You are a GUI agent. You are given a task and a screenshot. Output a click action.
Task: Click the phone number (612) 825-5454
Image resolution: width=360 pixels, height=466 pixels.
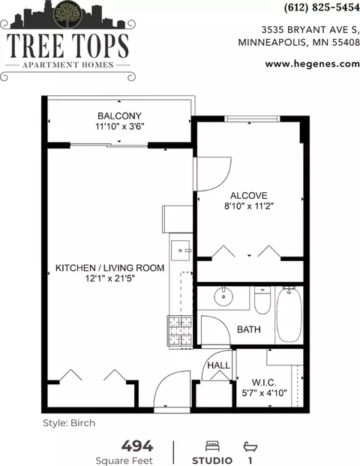tap(322, 8)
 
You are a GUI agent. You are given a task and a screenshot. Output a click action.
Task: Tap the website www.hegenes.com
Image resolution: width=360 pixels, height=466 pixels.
tap(313, 64)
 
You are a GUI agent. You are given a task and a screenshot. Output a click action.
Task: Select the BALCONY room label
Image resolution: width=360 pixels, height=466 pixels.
tap(119, 116)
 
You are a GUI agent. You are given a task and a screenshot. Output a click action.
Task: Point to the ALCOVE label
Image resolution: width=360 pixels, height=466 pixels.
tap(249, 196)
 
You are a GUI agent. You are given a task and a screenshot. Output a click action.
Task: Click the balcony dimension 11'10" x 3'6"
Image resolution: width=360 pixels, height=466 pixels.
tap(120, 127)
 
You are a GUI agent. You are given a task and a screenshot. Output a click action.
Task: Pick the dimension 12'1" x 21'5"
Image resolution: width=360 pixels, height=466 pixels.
tap(110, 278)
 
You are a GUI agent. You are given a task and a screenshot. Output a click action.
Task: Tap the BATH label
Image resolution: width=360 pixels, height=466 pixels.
tap(249, 329)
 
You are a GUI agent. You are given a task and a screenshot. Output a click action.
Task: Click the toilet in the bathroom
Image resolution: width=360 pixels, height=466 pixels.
tap(262, 300)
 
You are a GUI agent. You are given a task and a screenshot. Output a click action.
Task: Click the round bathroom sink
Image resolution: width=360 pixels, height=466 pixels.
tap(223, 296)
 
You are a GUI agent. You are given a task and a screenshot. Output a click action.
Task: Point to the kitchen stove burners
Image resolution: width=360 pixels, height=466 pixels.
tap(180, 330)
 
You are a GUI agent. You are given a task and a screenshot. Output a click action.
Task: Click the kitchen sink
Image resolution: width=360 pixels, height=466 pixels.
tap(180, 251)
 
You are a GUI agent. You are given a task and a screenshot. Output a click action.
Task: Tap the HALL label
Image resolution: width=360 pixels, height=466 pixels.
tap(218, 365)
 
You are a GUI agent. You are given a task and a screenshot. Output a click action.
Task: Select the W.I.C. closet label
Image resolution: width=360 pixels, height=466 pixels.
tap(264, 382)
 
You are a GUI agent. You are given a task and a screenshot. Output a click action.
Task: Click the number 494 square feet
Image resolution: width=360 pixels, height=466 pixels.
tap(137, 446)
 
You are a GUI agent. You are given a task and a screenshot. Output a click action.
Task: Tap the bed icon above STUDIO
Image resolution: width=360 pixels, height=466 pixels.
tap(212, 446)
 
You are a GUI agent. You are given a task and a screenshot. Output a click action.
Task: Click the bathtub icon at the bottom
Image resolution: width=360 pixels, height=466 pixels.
tap(250, 446)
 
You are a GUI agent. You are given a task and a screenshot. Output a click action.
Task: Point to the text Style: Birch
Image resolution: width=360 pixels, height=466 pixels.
tap(69, 423)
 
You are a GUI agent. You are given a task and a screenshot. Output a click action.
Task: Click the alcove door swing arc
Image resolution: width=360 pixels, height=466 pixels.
tap(223, 181)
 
